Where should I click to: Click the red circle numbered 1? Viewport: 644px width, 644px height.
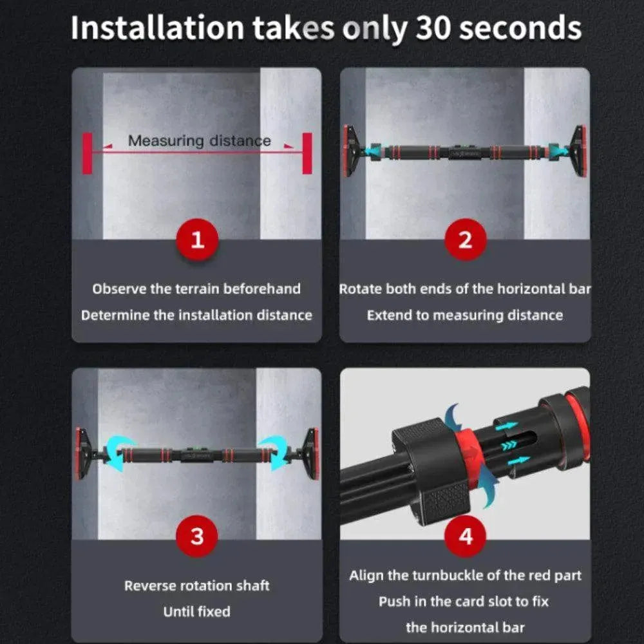(x=197, y=240)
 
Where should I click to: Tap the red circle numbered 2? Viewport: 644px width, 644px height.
(x=466, y=240)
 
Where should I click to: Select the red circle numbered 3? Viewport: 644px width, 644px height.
(x=197, y=536)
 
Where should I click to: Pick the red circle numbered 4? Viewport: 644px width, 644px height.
(x=466, y=536)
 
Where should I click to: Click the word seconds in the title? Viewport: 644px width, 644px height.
(x=520, y=28)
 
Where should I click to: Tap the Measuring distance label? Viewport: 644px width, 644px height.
(x=200, y=141)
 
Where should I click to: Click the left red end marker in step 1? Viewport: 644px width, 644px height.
(x=87, y=153)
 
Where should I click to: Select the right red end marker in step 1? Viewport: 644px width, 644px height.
(x=307, y=153)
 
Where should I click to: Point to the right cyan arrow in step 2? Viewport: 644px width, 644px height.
(x=556, y=151)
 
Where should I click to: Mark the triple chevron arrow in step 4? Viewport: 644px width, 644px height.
(x=509, y=445)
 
